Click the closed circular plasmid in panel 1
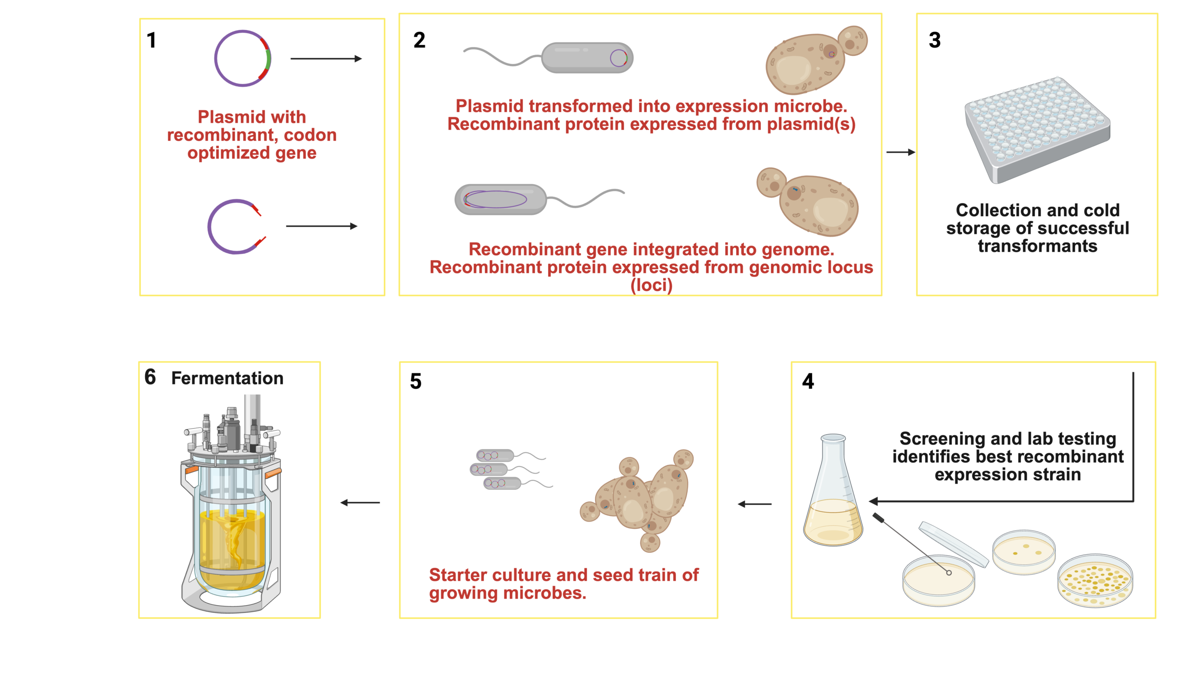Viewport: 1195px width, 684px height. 243,58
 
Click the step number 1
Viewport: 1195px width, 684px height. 151,41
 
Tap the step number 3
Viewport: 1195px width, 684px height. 935,40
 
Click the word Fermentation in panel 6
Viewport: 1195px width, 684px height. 227,379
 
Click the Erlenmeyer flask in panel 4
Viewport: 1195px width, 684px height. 833,493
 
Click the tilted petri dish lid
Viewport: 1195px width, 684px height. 953,543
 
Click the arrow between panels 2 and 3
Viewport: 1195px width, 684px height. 900,152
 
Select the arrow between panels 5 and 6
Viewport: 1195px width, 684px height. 360,503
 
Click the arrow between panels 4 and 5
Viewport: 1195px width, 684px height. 754,504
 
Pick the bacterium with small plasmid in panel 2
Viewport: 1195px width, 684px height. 587,58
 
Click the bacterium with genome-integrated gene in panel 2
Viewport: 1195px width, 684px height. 500,200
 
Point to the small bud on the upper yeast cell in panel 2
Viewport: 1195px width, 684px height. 852,41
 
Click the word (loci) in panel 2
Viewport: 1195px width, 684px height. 651,285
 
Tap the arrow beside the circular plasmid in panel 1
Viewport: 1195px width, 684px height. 326,59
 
